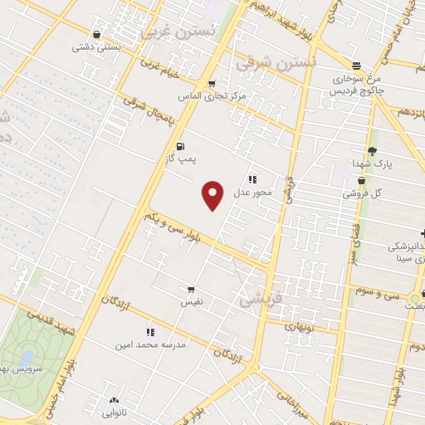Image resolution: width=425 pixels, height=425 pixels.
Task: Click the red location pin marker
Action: pos(214,196)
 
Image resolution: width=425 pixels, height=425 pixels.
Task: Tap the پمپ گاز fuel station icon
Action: pos(181,146)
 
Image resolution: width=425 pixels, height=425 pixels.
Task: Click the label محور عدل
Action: pos(252,193)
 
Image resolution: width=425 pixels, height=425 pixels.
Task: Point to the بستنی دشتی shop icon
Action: pos(98,34)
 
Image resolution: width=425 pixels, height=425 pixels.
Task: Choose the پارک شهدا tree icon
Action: pos(371,151)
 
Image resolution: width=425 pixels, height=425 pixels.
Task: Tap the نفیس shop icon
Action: pos(192,291)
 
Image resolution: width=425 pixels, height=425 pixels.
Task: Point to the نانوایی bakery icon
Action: pos(114,401)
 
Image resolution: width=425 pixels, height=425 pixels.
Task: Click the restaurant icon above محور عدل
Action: pos(252,178)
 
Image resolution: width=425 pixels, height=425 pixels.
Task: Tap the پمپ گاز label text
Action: pos(180,158)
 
